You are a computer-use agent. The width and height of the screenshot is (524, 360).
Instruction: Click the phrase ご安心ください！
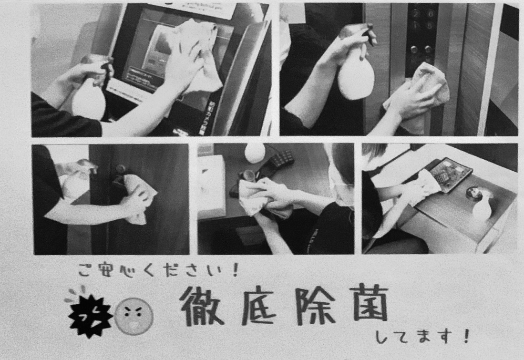pos(158,270)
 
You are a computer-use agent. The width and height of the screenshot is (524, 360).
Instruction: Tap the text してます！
pos(422,337)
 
